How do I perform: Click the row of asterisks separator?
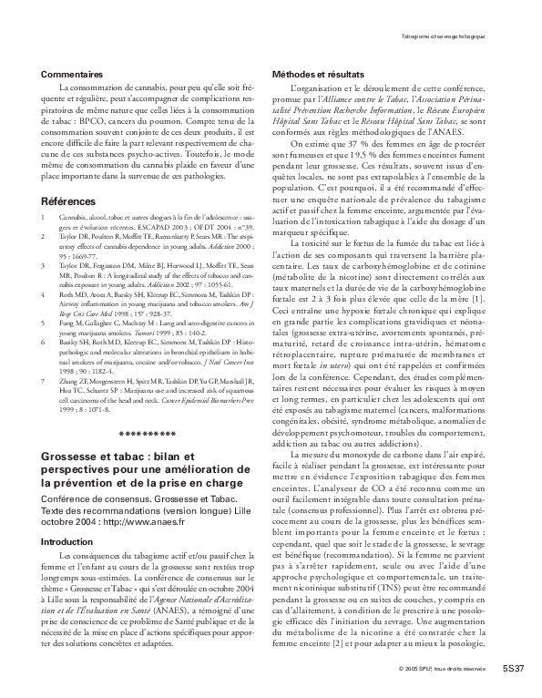pyautogui.click(x=149, y=434)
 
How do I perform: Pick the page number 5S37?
pyautogui.click(x=513, y=670)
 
